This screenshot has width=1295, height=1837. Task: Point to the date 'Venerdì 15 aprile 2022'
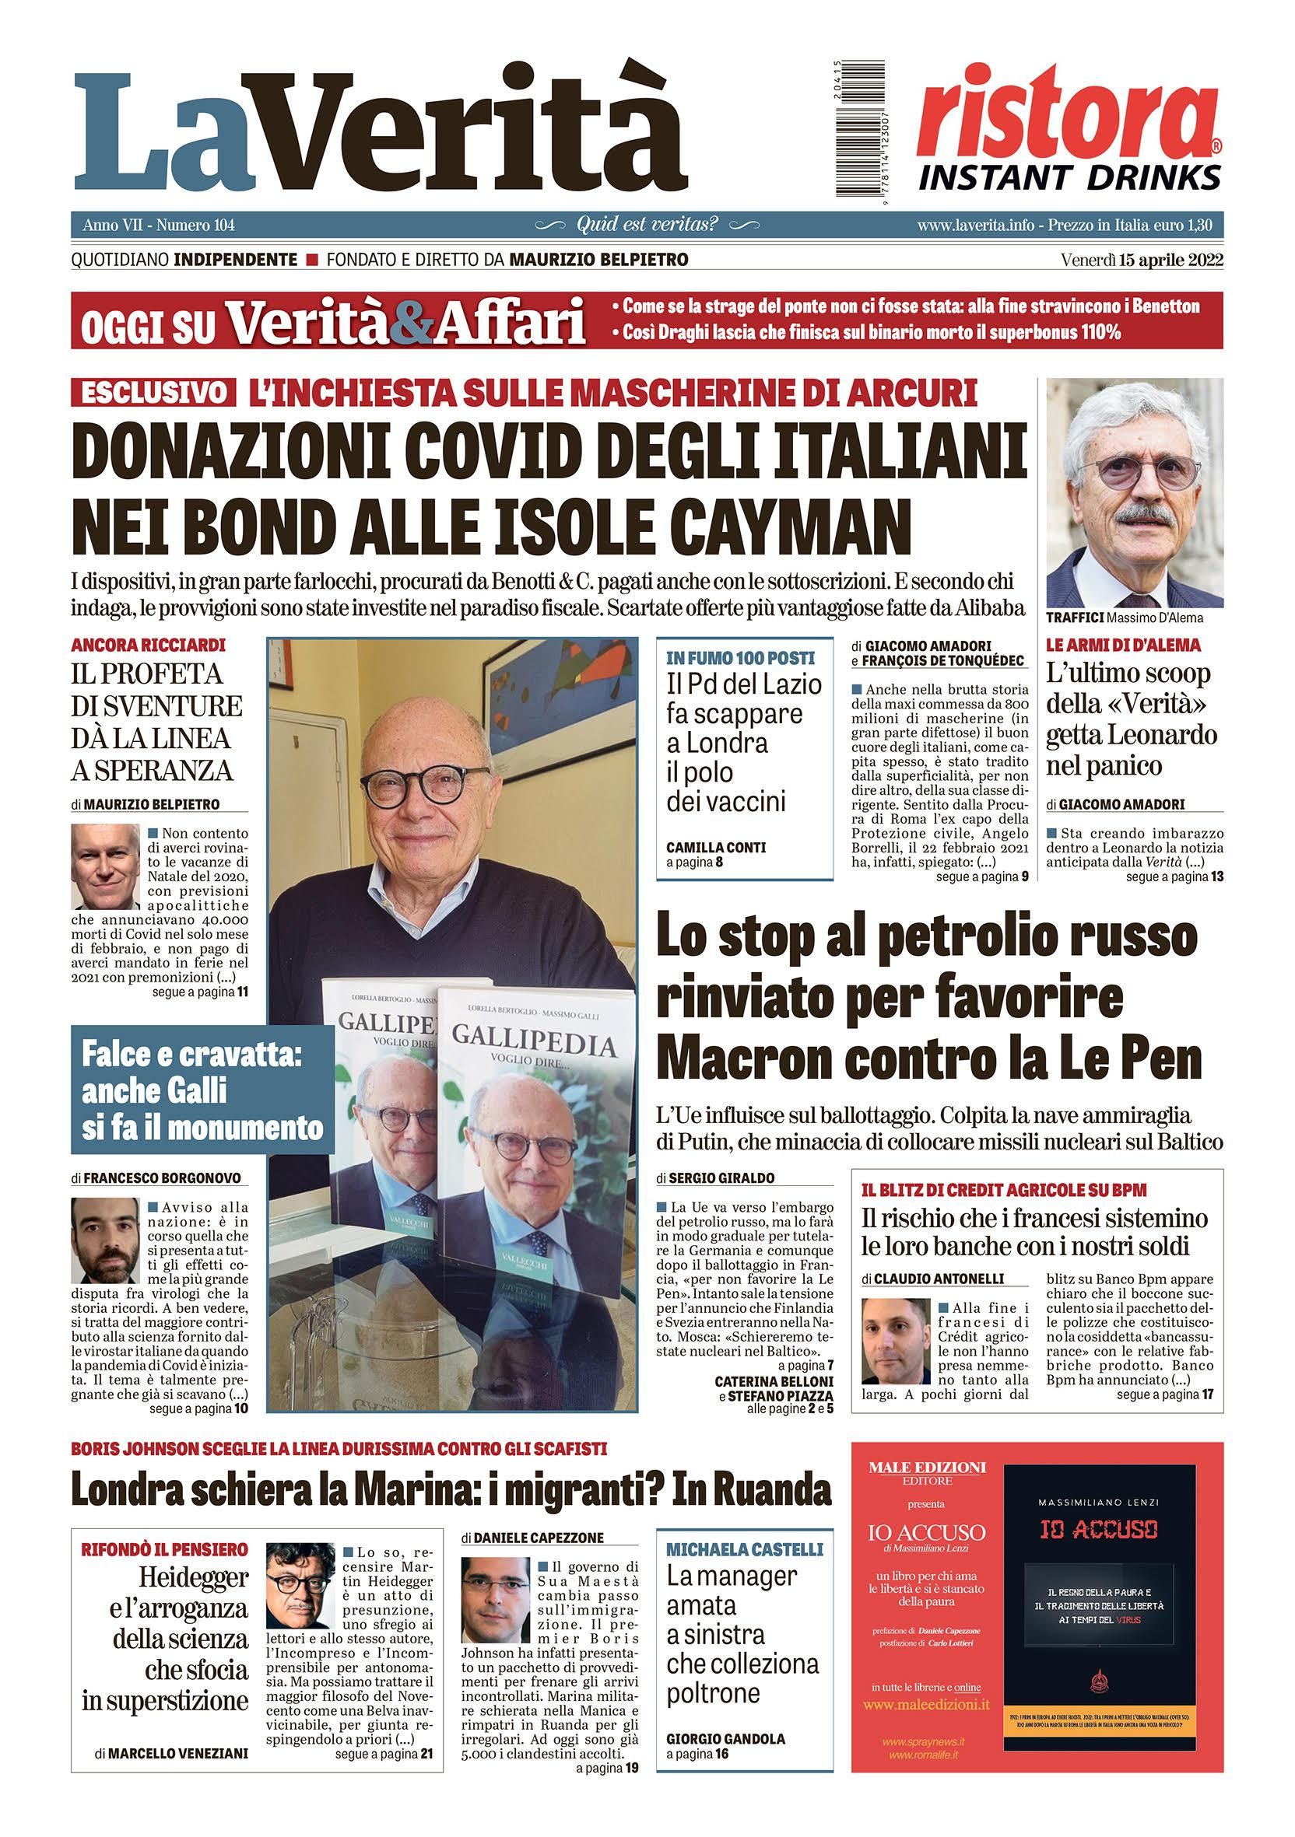click(1142, 260)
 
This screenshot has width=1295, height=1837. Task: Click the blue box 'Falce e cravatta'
click(202, 1090)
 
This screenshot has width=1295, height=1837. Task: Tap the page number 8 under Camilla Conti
click(720, 863)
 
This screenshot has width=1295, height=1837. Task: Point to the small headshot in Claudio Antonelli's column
click(896, 1340)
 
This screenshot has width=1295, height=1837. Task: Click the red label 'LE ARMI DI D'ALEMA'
click(1117, 644)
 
